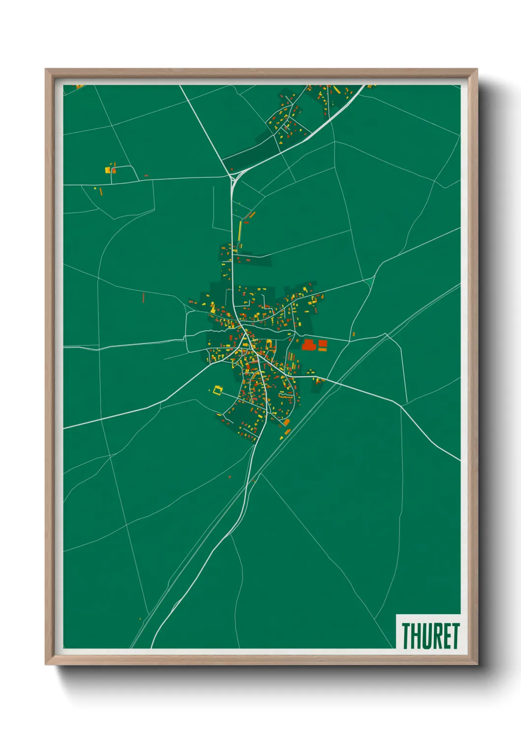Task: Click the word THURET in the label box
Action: pos(430,636)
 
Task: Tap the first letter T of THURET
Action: pos(407,636)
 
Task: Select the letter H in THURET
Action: pos(417,636)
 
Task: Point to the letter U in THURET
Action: pos(426,636)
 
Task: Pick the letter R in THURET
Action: pos(436,636)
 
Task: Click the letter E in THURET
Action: pos(446,636)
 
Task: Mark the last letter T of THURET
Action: pos(455,636)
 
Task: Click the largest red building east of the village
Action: pos(308,344)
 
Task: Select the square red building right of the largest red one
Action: pos(323,343)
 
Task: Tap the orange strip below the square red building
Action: pos(323,349)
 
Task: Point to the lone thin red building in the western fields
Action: pos(144,298)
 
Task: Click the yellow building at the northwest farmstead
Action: pos(107,170)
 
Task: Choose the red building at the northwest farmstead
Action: pos(114,170)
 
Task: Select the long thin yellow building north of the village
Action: pos(240,230)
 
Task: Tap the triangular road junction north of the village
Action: pos(233,174)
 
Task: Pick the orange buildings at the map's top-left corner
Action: pos(79,87)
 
